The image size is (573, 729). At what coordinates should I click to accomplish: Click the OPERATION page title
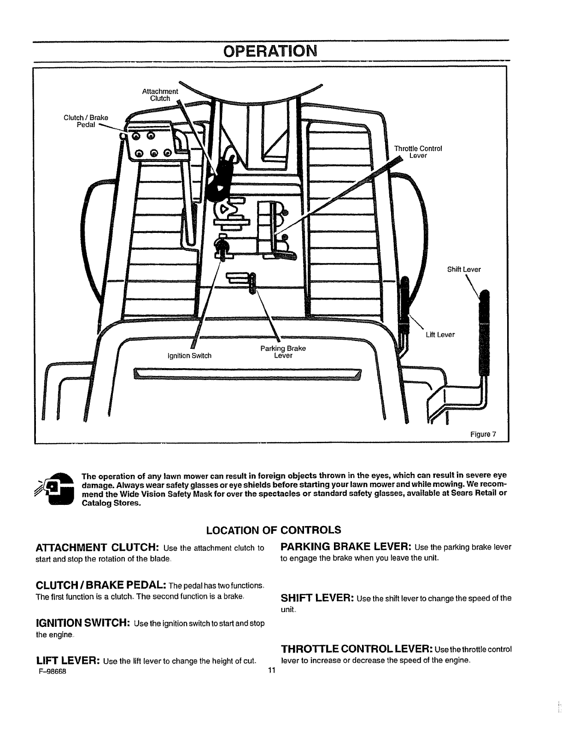270,51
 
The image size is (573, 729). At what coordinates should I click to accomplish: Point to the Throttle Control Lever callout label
418,152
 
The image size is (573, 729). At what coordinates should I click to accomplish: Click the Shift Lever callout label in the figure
464,270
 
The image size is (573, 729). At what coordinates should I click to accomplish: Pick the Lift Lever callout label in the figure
440,335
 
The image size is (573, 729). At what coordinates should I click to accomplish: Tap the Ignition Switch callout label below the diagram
189,355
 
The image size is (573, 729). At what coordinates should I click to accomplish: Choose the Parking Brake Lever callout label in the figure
283,352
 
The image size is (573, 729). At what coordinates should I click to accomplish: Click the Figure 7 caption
482,434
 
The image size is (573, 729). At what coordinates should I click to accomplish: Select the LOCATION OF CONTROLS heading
274,530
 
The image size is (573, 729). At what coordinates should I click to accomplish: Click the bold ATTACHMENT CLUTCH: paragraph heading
98,548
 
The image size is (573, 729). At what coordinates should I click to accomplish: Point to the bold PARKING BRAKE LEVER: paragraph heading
346,547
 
